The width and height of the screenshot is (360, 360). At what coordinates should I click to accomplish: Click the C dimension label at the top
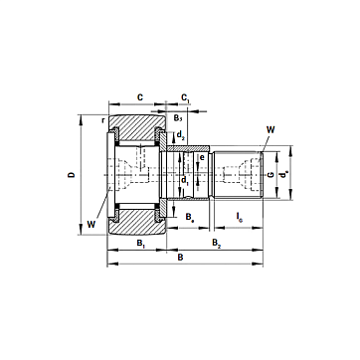coord(140,97)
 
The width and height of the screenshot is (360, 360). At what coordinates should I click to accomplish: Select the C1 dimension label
coord(186,97)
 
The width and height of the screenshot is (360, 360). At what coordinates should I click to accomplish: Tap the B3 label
coord(178,117)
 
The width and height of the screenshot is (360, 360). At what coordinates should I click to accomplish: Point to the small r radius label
coord(103,120)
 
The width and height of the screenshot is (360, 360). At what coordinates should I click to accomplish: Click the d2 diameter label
coord(180,135)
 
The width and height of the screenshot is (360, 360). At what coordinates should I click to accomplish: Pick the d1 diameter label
coord(185,181)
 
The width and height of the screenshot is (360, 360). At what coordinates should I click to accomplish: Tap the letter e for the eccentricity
coord(202,158)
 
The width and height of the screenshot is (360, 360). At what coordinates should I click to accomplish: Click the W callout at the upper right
coord(270,130)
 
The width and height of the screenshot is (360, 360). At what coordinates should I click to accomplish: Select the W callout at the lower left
coord(91,225)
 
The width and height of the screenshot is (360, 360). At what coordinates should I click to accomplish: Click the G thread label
coord(270,174)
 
